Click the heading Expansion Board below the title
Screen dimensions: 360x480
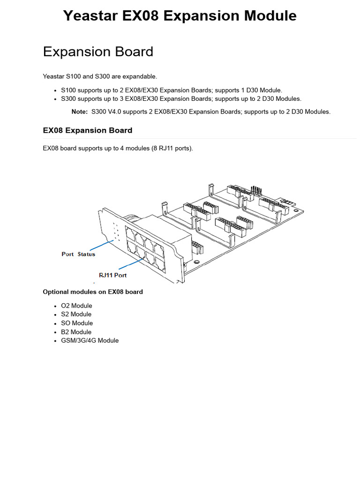click(98, 52)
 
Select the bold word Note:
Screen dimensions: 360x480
click(79, 112)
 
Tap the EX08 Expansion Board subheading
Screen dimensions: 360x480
click(87, 130)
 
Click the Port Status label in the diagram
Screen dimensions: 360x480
click(78, 254)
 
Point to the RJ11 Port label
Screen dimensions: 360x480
click(112, 275)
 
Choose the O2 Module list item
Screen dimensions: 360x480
click(76, 306)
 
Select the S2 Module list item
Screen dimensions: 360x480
click(76, 314)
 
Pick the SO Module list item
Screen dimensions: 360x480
click(77, 323)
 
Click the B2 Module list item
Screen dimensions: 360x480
click(76, 332)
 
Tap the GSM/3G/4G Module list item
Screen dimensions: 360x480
click(90, 340)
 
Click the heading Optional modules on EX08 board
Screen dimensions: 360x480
click(93, 292)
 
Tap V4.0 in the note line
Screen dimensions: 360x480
click(117, 112)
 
